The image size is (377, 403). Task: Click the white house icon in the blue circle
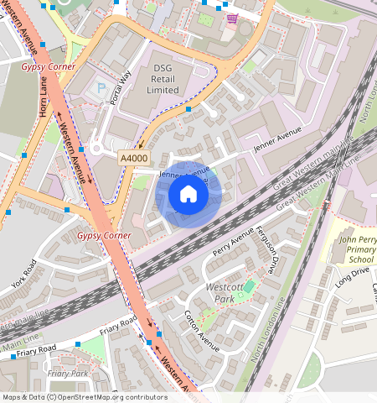(188, 195)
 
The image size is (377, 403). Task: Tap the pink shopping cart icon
(232, 18)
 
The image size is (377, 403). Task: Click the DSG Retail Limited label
(165, 78)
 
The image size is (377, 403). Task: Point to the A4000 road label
(133, 156)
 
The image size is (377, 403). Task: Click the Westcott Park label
(224, 292)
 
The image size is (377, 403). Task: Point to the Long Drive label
(353, 277)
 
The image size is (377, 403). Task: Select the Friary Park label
(68, 373)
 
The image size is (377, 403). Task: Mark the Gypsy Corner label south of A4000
(104, 236)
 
